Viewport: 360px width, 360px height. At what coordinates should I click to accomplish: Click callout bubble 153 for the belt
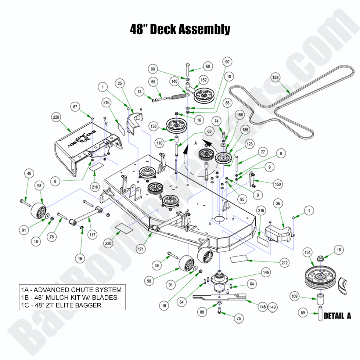pyautogui.click(x=276, y=78)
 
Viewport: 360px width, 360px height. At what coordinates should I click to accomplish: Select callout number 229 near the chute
pyautogui.click(x=56, y=117)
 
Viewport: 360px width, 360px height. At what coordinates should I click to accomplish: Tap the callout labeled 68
pyautogui.click(x=208, y=66)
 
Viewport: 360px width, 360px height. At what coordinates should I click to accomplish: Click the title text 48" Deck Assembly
pyautogui.click(x=180, y=29)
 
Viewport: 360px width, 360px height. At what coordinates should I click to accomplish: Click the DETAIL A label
pyautogui.click(x=337, y=316)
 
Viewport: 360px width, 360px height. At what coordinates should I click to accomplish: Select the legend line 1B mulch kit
pyautogui.click(x=74, y=298)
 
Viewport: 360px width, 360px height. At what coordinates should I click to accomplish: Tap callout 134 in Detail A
pyautogui.click(x=307, y=252)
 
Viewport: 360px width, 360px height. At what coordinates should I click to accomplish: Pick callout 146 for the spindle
pyautogui.click(x=266, y=272)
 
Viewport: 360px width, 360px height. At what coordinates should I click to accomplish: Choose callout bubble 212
pyautogui.click(x=284, y=263)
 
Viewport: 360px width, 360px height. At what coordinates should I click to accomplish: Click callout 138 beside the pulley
pyautogui.click(x=153, y=126)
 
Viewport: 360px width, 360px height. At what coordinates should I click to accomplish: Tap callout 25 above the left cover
pyautogui.click(x=120, y=83)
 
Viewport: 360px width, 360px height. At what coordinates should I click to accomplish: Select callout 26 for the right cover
pyautogui.click(x=278, y=203)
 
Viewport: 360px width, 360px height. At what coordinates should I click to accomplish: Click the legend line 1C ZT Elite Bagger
pyautogui.click(x=66, y=305)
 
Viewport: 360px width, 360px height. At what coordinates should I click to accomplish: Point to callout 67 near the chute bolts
pyautogui.click(x=76, y=107)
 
